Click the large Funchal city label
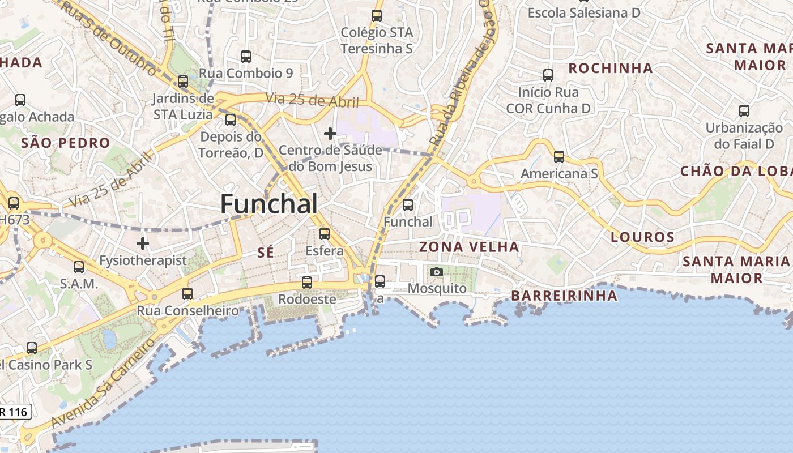[269, 204]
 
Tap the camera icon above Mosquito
[436, 272]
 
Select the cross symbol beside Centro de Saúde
[330, 134]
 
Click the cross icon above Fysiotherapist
[143, 243]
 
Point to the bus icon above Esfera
[325, 233]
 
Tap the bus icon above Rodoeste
[307, 282]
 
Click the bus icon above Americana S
[559, 157]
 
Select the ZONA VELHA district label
[469, 247]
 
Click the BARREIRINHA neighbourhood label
[564, 296]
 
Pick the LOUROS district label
[642, 237]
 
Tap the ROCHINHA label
[611, 69]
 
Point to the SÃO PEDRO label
[65, 143]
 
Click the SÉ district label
[266, 253]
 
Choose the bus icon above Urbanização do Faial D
[744, 111]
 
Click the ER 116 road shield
[14, 412]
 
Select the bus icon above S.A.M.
[79, 267]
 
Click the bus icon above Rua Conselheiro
[187, 294]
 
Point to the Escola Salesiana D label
[584, 12]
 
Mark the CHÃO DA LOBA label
[736, 171]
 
